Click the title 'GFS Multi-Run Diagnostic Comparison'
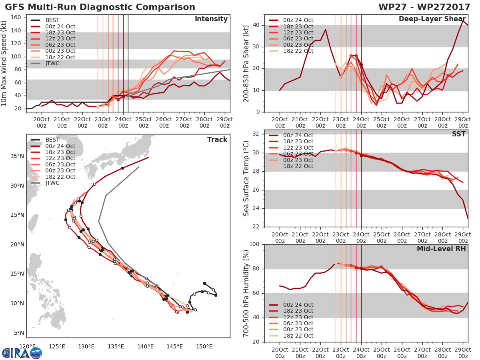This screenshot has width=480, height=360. coord(100,7)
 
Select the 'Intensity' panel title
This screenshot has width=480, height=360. coord(211,19)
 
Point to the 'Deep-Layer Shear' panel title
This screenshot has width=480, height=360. coord(432,19)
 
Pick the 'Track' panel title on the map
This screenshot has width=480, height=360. coord(217,140)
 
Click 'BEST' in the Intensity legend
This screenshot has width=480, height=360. coord(52,20)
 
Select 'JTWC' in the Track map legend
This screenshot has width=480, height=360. coord(52,183)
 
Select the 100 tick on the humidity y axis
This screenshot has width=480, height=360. coord(256,244)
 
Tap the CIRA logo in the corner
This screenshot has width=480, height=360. coord(22,353)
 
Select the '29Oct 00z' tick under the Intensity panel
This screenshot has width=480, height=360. coord(225,122)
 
